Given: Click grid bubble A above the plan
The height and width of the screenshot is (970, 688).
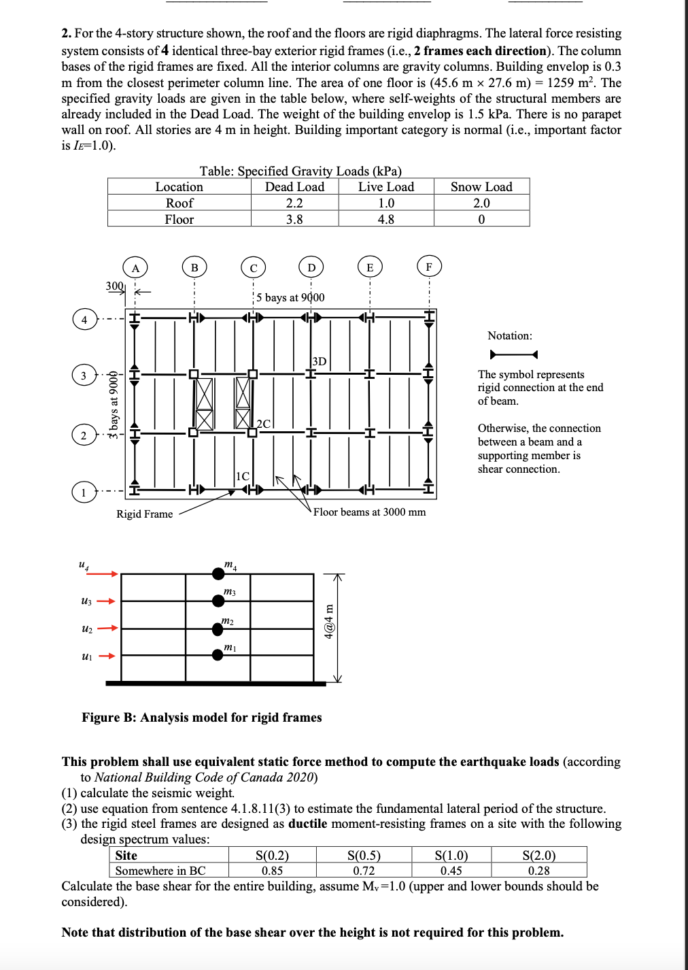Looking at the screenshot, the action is tap(135, 267).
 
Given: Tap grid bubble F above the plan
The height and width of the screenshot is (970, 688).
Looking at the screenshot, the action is tap(429, 267).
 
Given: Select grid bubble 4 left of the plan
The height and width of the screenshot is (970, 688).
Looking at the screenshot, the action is tap(84, 320).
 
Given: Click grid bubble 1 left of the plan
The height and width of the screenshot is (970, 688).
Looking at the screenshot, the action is tap(84, 492).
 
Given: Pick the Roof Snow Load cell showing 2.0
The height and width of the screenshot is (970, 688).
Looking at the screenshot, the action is tap(481, 203).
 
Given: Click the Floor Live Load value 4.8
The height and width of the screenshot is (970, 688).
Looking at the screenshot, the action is tap(386, 219).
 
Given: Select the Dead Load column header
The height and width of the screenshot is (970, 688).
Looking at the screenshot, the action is tap(294, 186).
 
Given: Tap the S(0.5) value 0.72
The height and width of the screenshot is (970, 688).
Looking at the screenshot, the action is tap(364, 871).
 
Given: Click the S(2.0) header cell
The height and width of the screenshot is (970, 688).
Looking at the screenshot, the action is tap(539, 855).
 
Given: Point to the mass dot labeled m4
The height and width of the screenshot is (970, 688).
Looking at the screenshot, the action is tap(218, 574).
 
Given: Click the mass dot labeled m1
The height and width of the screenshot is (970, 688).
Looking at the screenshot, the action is tap(218, 655).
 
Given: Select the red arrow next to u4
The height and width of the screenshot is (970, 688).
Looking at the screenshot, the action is tap(102, 574).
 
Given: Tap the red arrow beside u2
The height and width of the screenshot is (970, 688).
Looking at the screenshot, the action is tap(107, 628).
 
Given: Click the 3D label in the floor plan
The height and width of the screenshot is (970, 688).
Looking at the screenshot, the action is tap(320, 361).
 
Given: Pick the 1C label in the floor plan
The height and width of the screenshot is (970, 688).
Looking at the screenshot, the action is tap(242, 476).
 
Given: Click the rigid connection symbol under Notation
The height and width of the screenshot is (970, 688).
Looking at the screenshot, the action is tap(513, 355).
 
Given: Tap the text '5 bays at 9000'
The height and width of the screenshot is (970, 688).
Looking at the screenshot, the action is tap(290, 297).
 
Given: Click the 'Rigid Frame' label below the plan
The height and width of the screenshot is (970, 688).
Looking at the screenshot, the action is tap(145, 514).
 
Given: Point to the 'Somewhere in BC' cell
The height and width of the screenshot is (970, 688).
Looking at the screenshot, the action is tap(160, 871).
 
